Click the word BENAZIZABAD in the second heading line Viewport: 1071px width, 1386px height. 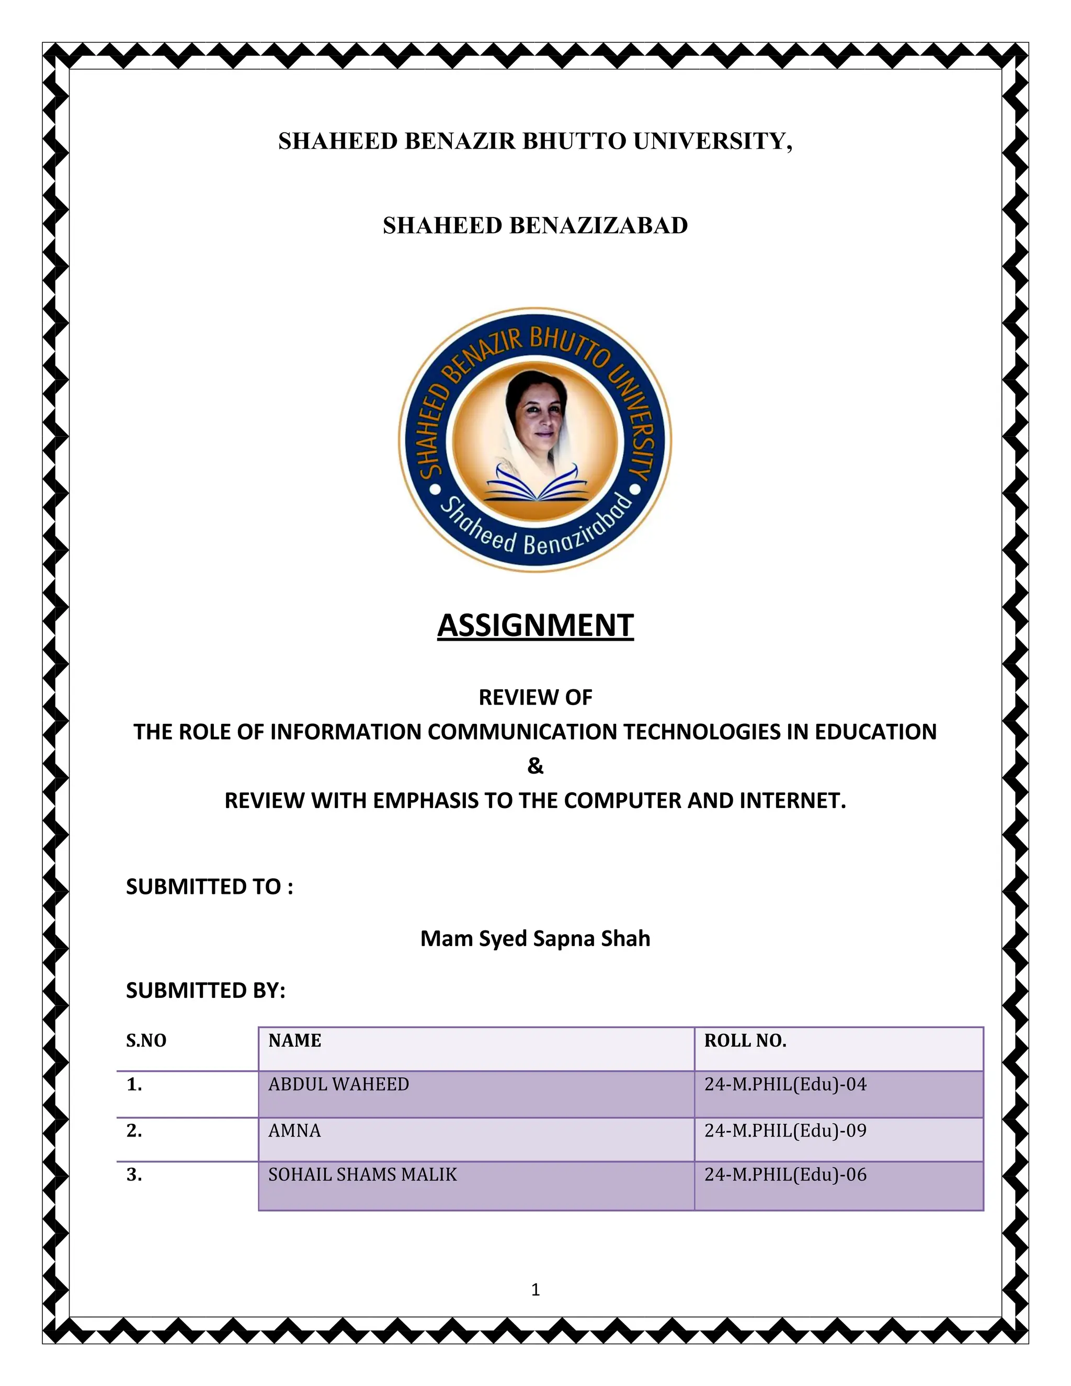tap(598, 226)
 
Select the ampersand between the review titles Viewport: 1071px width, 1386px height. tap(535, 767)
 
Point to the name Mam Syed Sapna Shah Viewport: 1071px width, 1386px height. tap(535, 939)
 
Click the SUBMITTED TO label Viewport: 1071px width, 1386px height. tap(209, 887)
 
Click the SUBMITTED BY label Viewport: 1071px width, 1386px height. tap(206, 990)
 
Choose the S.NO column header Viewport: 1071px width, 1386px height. tap(146, 1041)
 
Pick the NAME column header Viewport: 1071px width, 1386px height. tap(294, 1041)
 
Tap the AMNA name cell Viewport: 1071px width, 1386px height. tap(294, 1130)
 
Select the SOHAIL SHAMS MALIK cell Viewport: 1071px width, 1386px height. tap(362, 1175)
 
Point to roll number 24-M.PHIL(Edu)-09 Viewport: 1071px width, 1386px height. tap(785, 1130)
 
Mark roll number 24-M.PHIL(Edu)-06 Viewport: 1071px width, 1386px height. tap(785, 1175)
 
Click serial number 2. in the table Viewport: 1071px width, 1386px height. tap(134, 1130)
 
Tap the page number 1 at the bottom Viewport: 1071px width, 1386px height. tap(535, 1290)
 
